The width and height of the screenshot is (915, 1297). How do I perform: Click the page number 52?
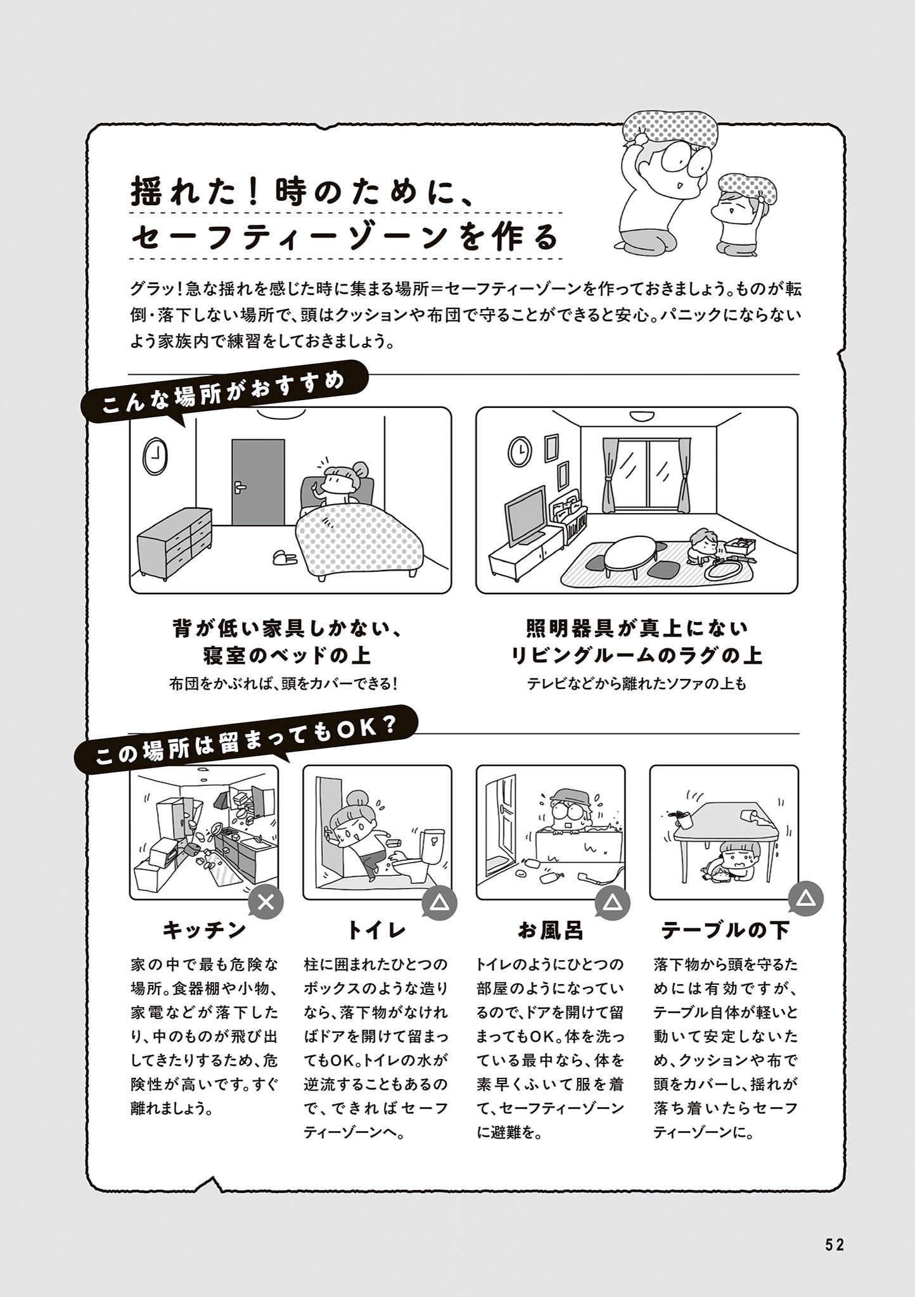click(x=835, y=1245)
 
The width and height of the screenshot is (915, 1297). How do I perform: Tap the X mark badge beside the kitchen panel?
click(x=266, y=902)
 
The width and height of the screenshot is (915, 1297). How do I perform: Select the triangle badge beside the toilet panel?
click(x=440, y=902)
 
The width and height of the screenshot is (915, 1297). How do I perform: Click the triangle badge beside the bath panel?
click(x=613, y=902)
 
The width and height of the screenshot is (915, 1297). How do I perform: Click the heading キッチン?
click(x=204, y=930)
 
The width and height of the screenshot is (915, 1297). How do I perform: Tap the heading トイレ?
click(x=376, y=930)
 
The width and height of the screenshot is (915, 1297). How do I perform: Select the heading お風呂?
click(x=551, y=930)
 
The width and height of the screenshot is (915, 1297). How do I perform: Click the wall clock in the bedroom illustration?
click(x=155, y=456)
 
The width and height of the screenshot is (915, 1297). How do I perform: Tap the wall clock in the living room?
click(x=520, y=451)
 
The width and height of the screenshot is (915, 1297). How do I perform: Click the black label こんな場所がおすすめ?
click(x=224, y=393)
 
